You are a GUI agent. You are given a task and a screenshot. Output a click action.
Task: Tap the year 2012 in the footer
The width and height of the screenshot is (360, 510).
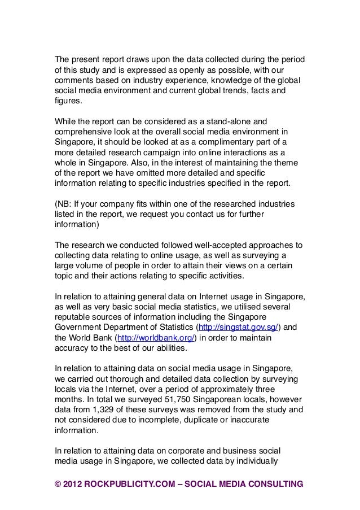tap(73, 484)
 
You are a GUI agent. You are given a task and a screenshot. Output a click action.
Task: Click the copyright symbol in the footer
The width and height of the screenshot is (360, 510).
tap(58, 484)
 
